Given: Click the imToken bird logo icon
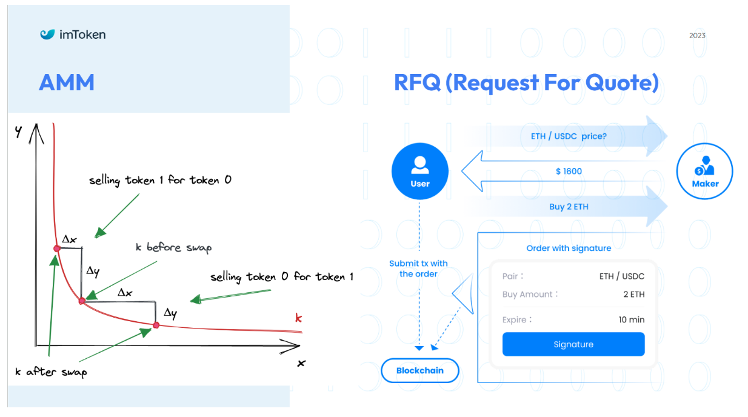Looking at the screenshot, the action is pos(47,34).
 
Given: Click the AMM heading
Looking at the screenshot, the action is pos(67,82).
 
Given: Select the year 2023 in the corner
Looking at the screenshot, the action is pos(697,35).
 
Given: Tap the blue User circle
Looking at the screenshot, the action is pos(419,172).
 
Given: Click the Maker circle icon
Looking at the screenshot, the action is pos(704,172).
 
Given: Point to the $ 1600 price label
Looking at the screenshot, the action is pos(569,172).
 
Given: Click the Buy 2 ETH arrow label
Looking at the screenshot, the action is pos(569,207).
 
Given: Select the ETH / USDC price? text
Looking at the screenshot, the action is pos(569,136).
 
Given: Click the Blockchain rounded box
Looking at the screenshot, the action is pos(419,370).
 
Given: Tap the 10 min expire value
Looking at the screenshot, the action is pos(632,319).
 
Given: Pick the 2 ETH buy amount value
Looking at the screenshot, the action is pos(634,294).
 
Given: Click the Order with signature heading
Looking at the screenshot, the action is pos(569,248).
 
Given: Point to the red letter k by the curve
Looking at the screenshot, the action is pos(298,318).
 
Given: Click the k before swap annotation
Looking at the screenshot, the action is pos(173,248).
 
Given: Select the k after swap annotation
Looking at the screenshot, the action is pos(51,372).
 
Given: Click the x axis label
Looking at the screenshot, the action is pos(301,363).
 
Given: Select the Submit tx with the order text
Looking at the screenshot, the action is pos(418,269).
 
